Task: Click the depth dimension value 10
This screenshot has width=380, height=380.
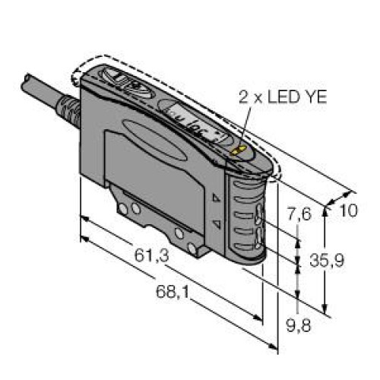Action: (347, 211)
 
